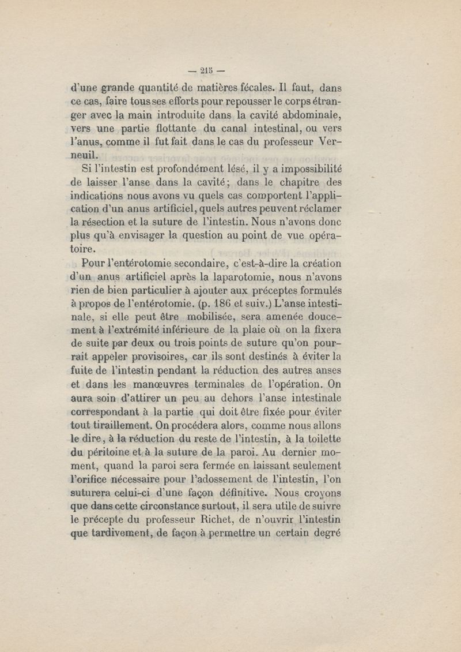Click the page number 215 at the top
click(206, 72)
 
